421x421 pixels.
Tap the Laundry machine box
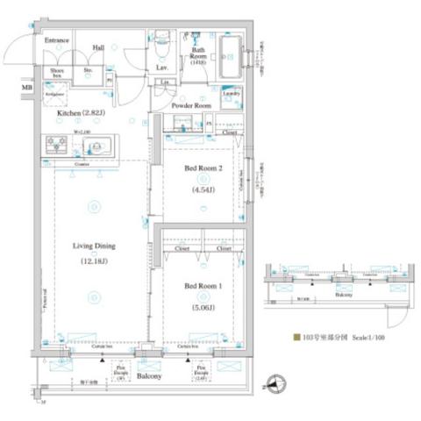coord(232,94)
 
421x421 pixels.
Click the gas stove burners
coord(54,145)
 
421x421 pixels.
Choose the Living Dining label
coord(94,246)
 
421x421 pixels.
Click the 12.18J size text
coord(94,261)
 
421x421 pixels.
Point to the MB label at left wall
coord(27,88)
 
